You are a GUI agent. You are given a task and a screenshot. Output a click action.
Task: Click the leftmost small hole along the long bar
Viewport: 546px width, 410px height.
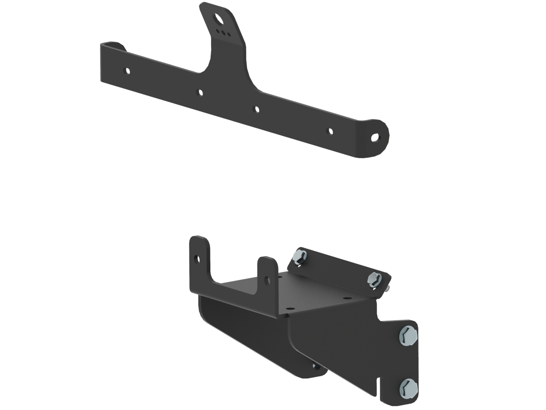coord(127,71)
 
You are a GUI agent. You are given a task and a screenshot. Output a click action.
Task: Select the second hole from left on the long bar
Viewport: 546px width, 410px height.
coord(200,91)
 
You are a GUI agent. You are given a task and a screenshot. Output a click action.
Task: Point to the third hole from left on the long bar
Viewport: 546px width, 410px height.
coord(257,109)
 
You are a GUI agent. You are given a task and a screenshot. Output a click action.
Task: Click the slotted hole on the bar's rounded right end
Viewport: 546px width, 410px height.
coord(375,138)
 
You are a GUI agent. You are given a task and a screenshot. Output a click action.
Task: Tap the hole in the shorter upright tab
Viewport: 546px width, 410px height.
coord(267,280)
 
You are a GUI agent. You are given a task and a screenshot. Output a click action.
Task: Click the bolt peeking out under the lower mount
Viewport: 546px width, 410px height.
coord(314,366)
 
